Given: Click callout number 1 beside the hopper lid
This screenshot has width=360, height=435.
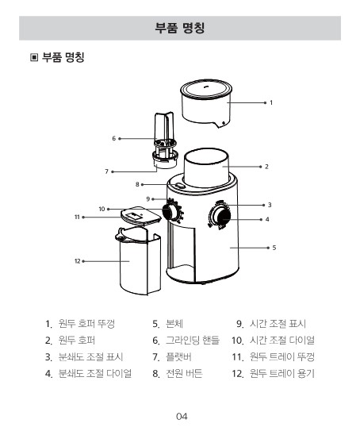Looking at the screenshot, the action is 271,102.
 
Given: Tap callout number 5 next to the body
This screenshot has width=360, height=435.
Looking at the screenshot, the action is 274,248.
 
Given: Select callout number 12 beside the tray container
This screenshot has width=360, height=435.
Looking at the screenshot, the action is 78,261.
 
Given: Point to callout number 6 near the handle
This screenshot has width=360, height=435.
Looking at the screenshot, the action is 114,138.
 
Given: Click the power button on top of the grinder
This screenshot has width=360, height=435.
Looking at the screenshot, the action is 179,187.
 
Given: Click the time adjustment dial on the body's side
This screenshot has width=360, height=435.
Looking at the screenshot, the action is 170,213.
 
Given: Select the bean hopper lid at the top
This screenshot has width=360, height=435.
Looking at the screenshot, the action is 206,104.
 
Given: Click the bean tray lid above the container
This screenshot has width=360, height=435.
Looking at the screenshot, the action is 141,215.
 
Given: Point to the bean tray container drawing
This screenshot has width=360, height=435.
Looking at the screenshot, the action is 138,261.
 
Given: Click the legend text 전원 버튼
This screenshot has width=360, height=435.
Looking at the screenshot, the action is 184,373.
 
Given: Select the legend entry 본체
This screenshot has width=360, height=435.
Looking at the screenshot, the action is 174,324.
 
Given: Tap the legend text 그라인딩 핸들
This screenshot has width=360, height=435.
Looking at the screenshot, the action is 193,340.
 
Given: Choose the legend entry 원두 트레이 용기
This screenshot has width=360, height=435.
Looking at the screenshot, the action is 281,373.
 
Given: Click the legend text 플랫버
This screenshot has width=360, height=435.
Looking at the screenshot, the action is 178,356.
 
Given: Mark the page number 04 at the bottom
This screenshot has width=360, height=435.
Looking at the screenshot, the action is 182,417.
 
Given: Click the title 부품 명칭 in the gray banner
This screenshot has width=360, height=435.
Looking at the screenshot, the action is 180,28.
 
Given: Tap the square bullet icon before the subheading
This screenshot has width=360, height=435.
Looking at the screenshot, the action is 34,57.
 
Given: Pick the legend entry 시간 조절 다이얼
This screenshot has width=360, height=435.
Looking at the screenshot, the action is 281,340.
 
